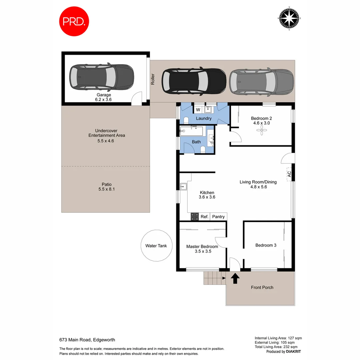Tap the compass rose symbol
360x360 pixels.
tap(289, 18)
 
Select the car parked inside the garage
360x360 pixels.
tap(101, 77)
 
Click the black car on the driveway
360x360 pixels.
tap(194, 81)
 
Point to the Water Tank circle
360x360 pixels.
tap(156, 246)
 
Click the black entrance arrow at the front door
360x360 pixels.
tap(235, 278)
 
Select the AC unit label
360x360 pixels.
tap(289, 174)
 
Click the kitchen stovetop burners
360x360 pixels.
tap(194, 217)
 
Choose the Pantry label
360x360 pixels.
tap(218, 217)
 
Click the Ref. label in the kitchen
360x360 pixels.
tap(204, 217)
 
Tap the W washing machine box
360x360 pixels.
tap(198, 110)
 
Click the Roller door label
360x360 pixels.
tap(153, 79)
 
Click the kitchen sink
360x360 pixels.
tap(183, 187)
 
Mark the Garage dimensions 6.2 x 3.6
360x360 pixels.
tap(104, 99)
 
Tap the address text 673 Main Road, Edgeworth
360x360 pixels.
tap(87, 340)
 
